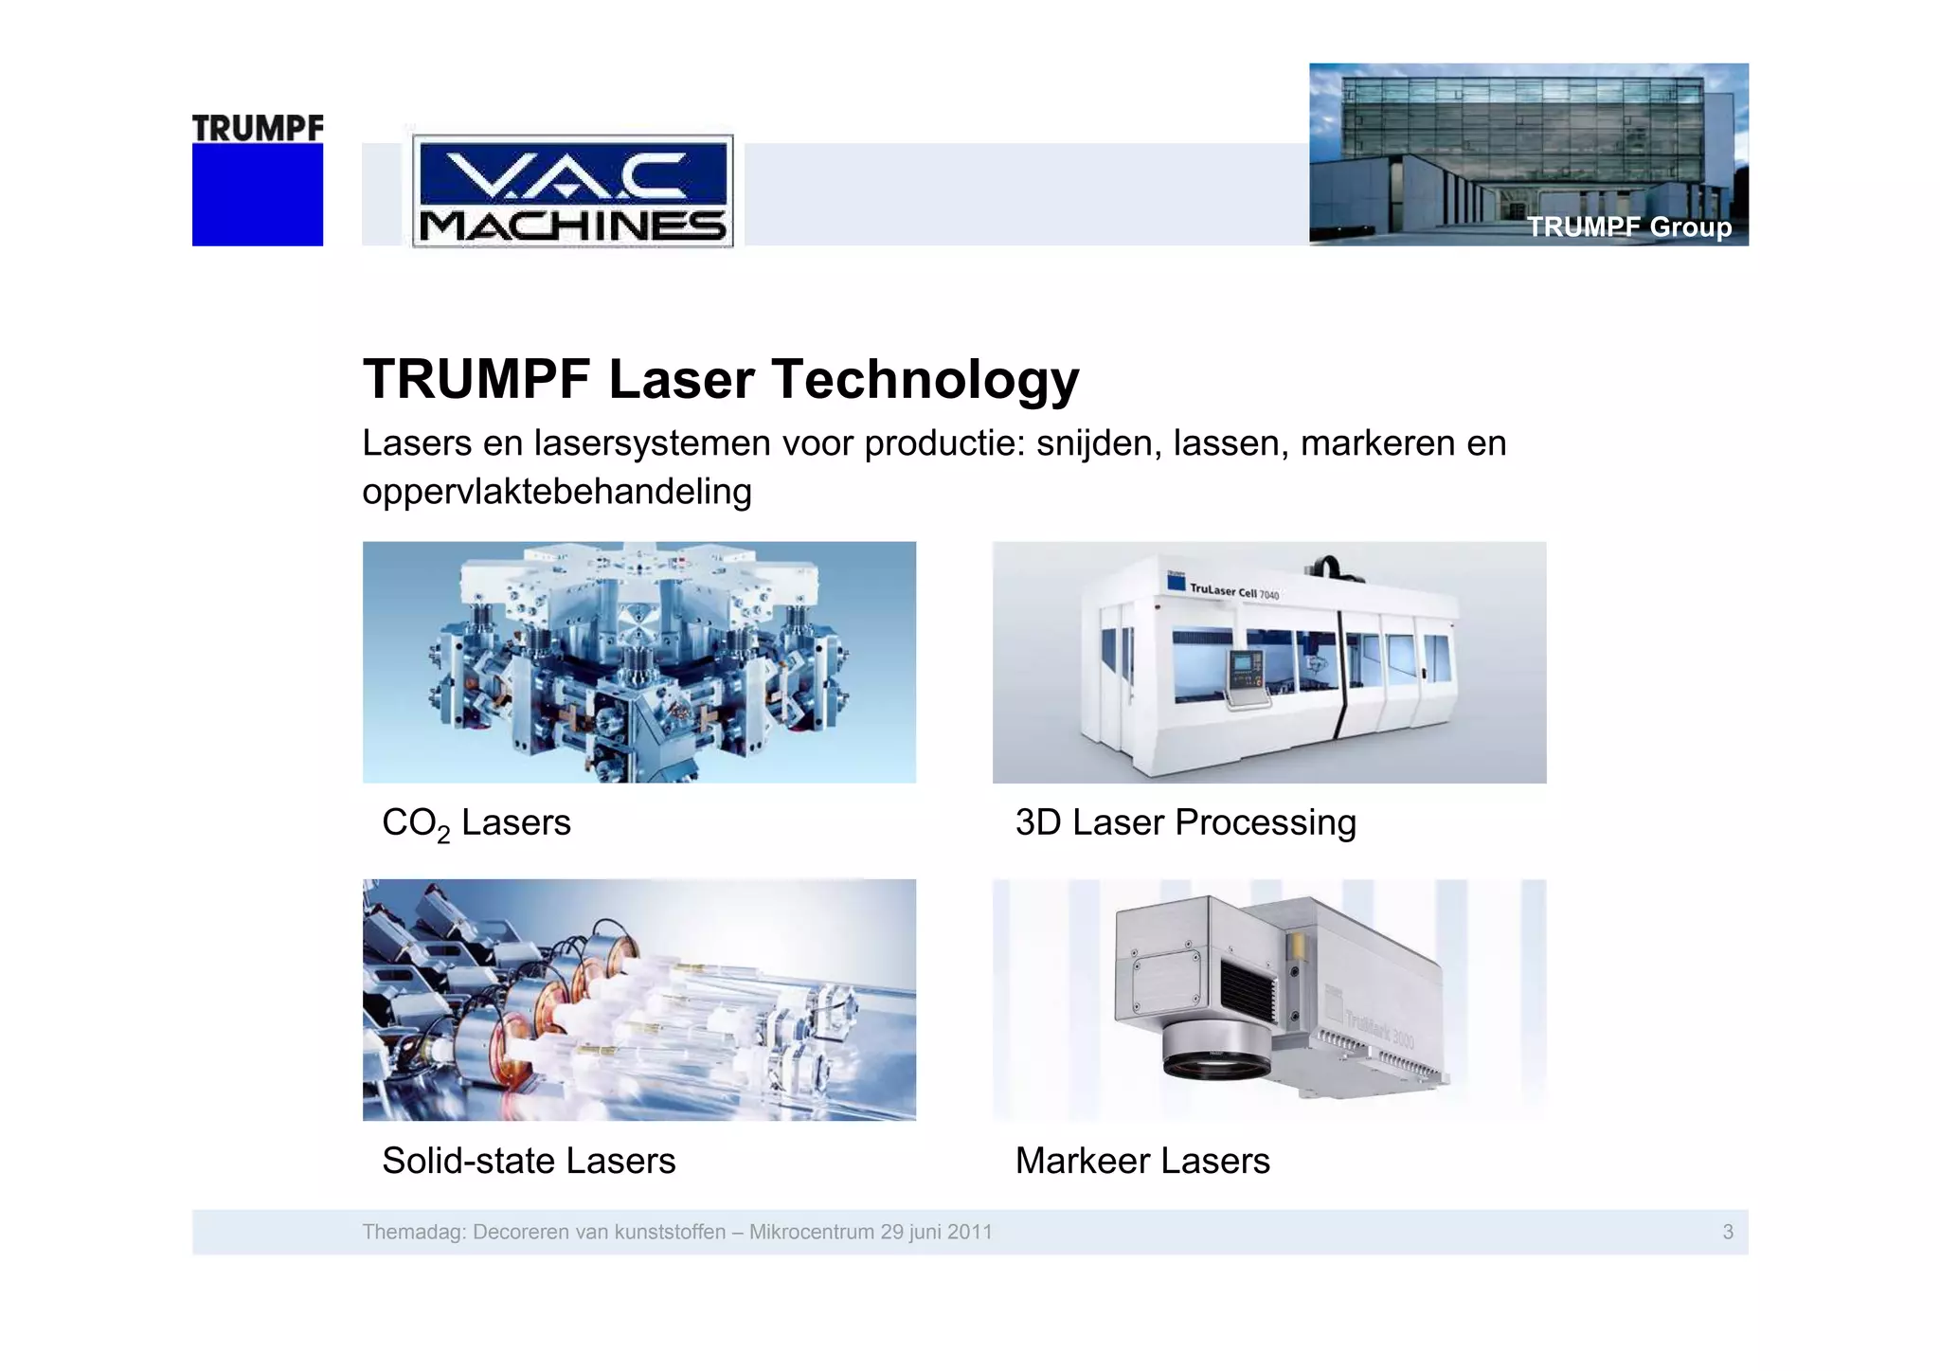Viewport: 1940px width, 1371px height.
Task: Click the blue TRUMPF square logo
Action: [x=257, y=194]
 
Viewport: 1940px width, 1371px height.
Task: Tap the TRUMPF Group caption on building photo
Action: [x=1628, y=227]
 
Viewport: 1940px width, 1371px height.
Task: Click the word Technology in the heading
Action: [x=925, y=379]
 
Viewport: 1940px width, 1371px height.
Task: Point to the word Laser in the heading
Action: [x=681, y=379]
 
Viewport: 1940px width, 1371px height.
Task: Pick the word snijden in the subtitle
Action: [x=1098, y=443]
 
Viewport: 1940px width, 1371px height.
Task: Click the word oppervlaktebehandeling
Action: [x=557, y=492]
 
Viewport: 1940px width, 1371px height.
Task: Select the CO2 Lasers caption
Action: [x=476, y=823]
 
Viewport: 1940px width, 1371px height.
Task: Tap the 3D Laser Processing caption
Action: [x=1185, y=822]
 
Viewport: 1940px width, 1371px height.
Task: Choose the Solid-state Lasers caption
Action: [x=529, y=1161]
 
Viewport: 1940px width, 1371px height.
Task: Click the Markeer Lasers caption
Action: [x=1142, y=1161]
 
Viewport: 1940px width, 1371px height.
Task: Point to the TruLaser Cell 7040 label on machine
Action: [x=1233, y=591]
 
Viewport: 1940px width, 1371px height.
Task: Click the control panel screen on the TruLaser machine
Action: [x=1243, y=666]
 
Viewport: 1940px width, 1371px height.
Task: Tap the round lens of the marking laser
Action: [x=1217, y=1062]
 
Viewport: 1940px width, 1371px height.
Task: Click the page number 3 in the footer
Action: [x=1728, y=1232]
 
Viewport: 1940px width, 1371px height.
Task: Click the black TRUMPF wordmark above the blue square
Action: [x=258, y=128]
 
